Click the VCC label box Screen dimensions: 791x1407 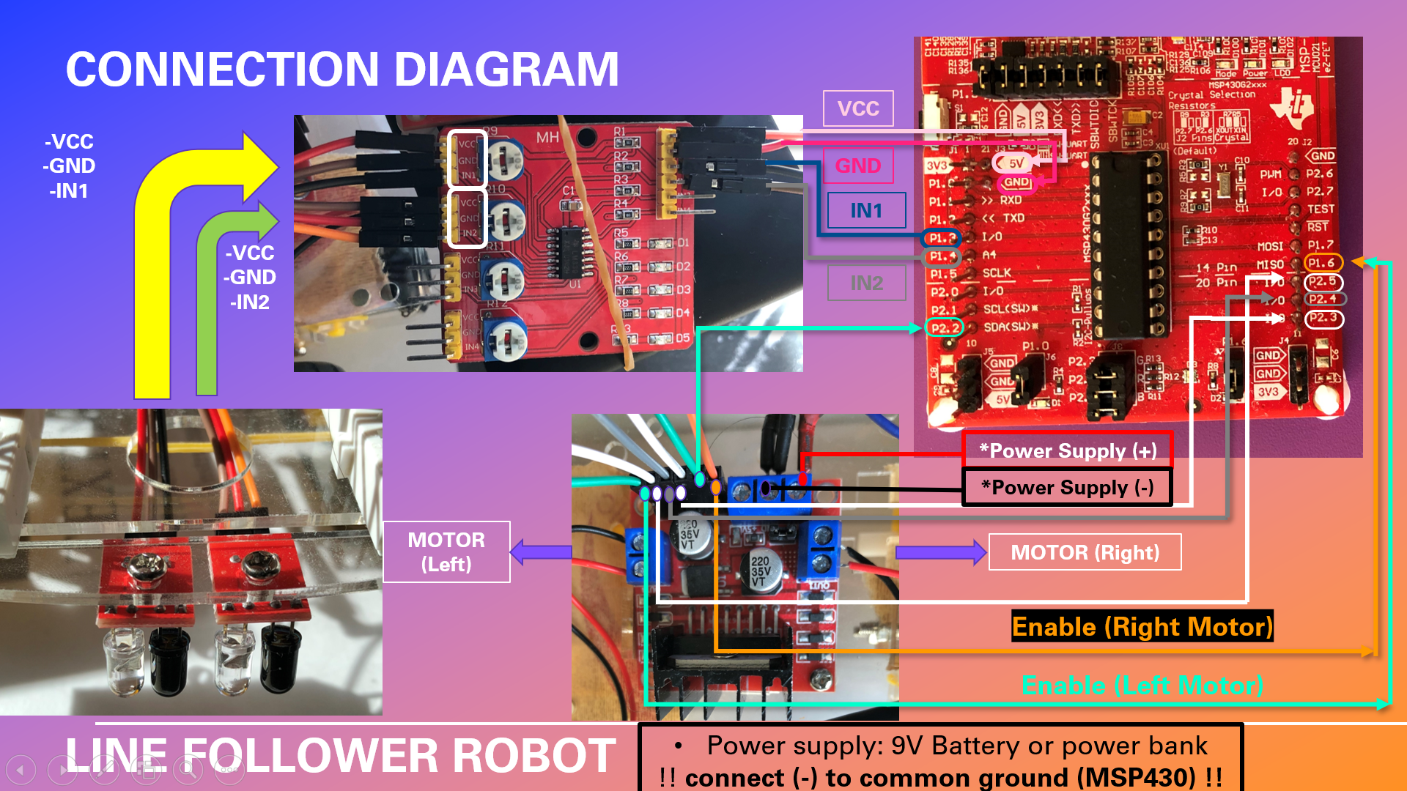point(858,108)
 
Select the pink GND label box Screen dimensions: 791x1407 point(858,166)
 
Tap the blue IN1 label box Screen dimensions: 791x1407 point(866,211)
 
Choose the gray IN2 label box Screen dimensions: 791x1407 point(866,283)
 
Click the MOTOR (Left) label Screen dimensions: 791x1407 point(446,552)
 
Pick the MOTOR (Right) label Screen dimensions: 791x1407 point(1085,552)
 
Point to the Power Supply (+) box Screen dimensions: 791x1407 point(1068,450)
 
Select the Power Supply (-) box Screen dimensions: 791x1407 point(1067,488)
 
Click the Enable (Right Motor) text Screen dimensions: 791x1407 point(1142,627)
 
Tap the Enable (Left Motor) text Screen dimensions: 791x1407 point(1142,686)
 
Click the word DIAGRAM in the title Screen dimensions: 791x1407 point(506,70)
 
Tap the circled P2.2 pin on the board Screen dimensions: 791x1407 point(944,328)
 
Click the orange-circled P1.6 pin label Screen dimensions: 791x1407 point(1323,263)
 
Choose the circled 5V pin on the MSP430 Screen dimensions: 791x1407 point(1015,163)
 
